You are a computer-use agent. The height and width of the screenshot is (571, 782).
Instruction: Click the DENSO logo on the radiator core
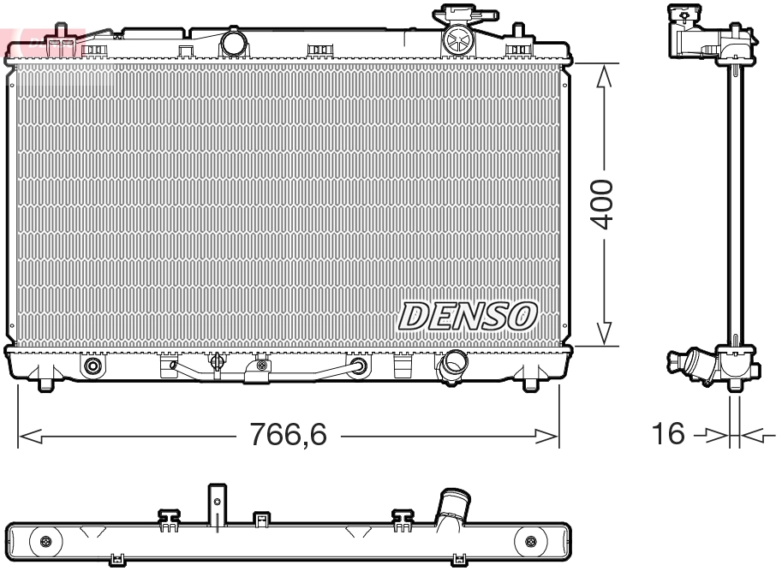tap(468, 316)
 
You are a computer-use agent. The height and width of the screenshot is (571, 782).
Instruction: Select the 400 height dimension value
tap(604, 204)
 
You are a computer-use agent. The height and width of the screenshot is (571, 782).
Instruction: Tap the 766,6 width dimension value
tap(288, 436)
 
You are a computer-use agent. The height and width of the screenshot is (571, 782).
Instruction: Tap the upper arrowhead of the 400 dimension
tap(604, 76)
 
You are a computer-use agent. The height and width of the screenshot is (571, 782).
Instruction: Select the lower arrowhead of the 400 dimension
tap(604, 334)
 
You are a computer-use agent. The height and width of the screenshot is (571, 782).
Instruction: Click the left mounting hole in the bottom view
tap(45, 541)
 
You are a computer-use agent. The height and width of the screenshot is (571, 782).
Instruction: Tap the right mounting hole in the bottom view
tap(530, 541)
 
